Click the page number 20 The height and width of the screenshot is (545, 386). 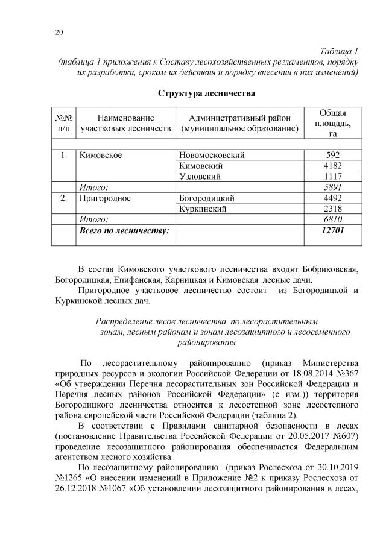click(59, 33)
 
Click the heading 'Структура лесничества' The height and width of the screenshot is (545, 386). click(207, 93)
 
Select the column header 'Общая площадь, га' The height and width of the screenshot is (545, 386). click(332, 124)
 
